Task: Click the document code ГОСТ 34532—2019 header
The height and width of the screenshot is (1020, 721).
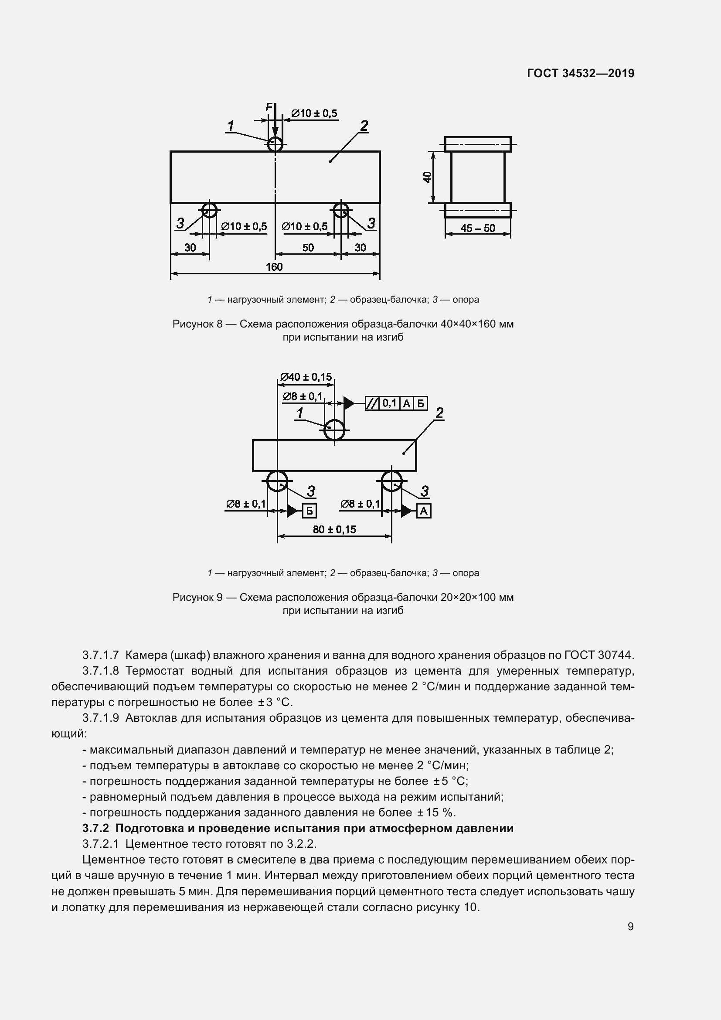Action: coord(581,73)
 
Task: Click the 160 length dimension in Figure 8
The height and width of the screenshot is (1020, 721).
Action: coord(274,266)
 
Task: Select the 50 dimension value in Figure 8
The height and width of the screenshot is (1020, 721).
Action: coord(308,247)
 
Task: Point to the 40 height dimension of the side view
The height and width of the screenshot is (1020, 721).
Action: coord(427,177)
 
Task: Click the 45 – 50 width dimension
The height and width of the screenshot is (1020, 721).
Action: coord(478,228)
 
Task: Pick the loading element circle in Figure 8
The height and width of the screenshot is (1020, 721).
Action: coord(275,144)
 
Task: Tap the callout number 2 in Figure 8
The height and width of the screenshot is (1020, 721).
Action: coord(364,126)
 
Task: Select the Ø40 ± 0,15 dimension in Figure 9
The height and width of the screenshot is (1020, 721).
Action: coord(306,377)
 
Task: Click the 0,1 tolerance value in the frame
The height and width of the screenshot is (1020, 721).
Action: coord(389,403)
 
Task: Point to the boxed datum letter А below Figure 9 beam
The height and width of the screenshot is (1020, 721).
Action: coord(424,512)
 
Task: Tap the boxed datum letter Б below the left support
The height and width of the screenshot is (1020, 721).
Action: coord(309,512)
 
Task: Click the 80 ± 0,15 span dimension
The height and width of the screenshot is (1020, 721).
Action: coord(334,529)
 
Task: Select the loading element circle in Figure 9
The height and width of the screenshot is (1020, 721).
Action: coord(334,430)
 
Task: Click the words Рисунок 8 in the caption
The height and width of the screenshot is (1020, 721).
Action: coord(197,324)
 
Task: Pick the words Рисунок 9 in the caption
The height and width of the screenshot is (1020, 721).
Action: coord(197,597)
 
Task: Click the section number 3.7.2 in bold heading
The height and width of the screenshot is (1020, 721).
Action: coord(95,828)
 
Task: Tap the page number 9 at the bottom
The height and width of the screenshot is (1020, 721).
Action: coord(630,926)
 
